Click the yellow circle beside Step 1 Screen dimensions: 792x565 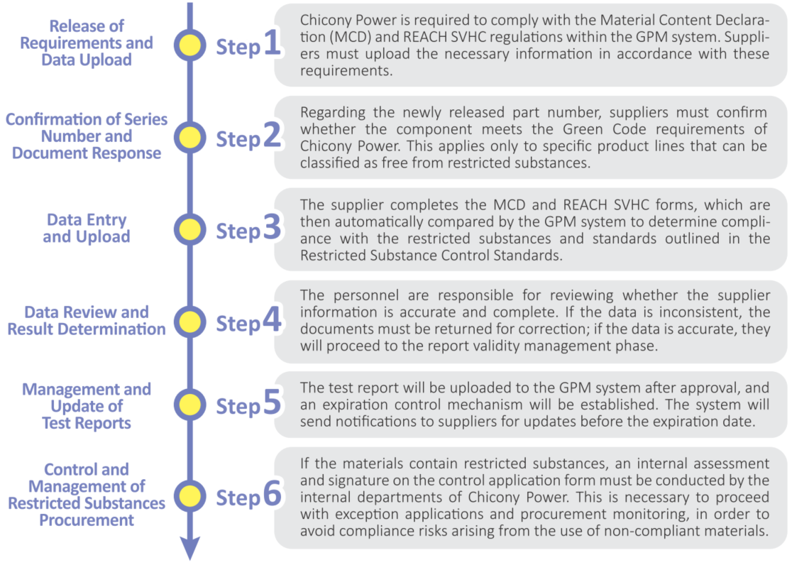tap(190, 45)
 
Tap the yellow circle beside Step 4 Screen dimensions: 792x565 tap(190, 322)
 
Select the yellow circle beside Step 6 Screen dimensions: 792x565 tap(190, 495)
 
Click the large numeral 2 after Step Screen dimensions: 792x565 tap(273, 135)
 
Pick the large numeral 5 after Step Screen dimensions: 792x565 tap(273, 402)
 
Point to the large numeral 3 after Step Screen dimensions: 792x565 tap(273, 227)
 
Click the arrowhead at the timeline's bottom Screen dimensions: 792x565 tap(190, 549)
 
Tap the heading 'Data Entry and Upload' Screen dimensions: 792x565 tap(87, 228)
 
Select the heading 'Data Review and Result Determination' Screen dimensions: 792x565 tap(87, 320)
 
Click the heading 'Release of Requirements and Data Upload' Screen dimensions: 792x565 tap(87, 43)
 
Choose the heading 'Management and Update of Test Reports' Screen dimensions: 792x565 tap(87, 406)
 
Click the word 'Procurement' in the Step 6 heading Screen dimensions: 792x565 tap(87, 520)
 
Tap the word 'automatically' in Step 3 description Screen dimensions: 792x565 tap(378, 222)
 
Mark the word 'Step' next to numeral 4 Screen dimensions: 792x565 tap(238, 324)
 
